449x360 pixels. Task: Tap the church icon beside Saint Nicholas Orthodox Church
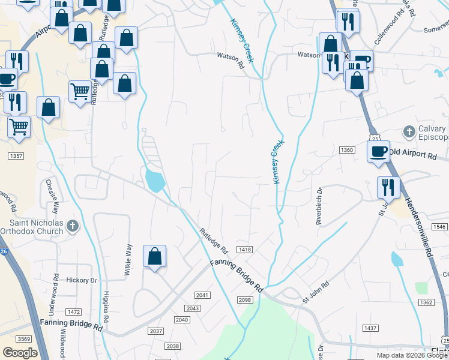(72, 226)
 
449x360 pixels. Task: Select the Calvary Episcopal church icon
(409, 131)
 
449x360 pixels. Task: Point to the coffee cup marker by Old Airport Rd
(378, 151)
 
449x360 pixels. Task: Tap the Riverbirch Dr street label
(319, 206)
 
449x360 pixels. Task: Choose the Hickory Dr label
(82, 280)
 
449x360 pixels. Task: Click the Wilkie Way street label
(127, 259)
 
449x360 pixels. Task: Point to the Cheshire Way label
(55, 196)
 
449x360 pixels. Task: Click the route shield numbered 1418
(244, 250)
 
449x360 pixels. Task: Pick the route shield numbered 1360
(346, 149)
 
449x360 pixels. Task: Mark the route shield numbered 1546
(439, 227)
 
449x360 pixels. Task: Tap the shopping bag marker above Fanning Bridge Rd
(154, 256)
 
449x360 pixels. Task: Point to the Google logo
(20, 353)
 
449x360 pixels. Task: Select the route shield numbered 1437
(370, 328)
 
